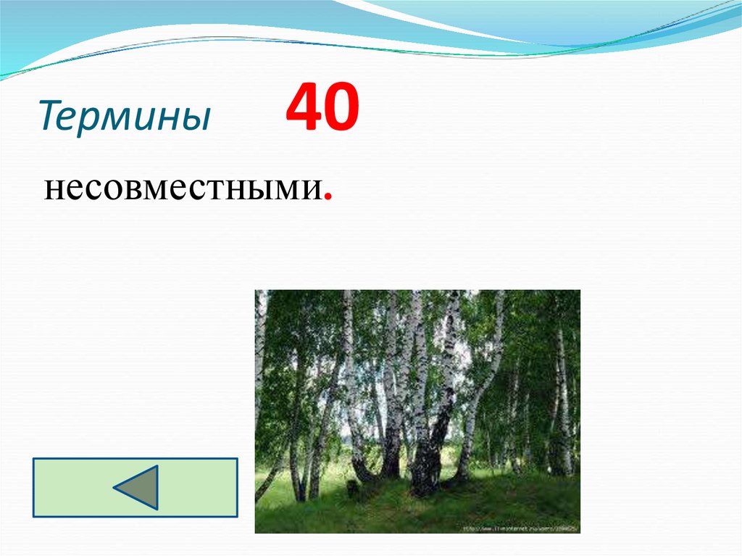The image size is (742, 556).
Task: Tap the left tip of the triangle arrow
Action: coord(116,487)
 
